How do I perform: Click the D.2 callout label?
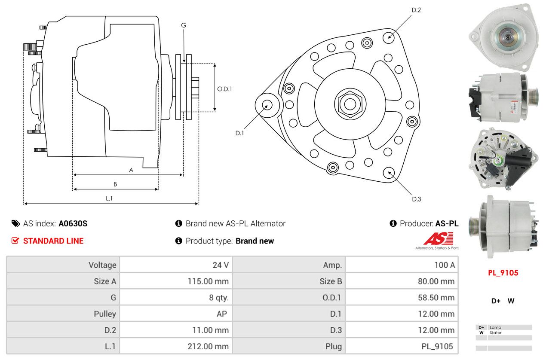coord(416,10)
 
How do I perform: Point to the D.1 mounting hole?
coord(267,105)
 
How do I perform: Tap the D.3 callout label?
coord(416,199)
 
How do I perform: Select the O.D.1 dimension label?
coord(224,89)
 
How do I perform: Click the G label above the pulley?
coord(184,25)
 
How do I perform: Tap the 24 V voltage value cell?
coord(221,265)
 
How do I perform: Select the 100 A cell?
coord(444,265)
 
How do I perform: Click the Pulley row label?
coord(105,314)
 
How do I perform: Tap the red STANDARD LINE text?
coord(53,241)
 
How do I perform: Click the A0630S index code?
coord(73,223)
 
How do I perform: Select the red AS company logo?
coord(438,239)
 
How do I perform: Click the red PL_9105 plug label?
coord(503,273)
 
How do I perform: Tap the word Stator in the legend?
coord(496,333)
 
